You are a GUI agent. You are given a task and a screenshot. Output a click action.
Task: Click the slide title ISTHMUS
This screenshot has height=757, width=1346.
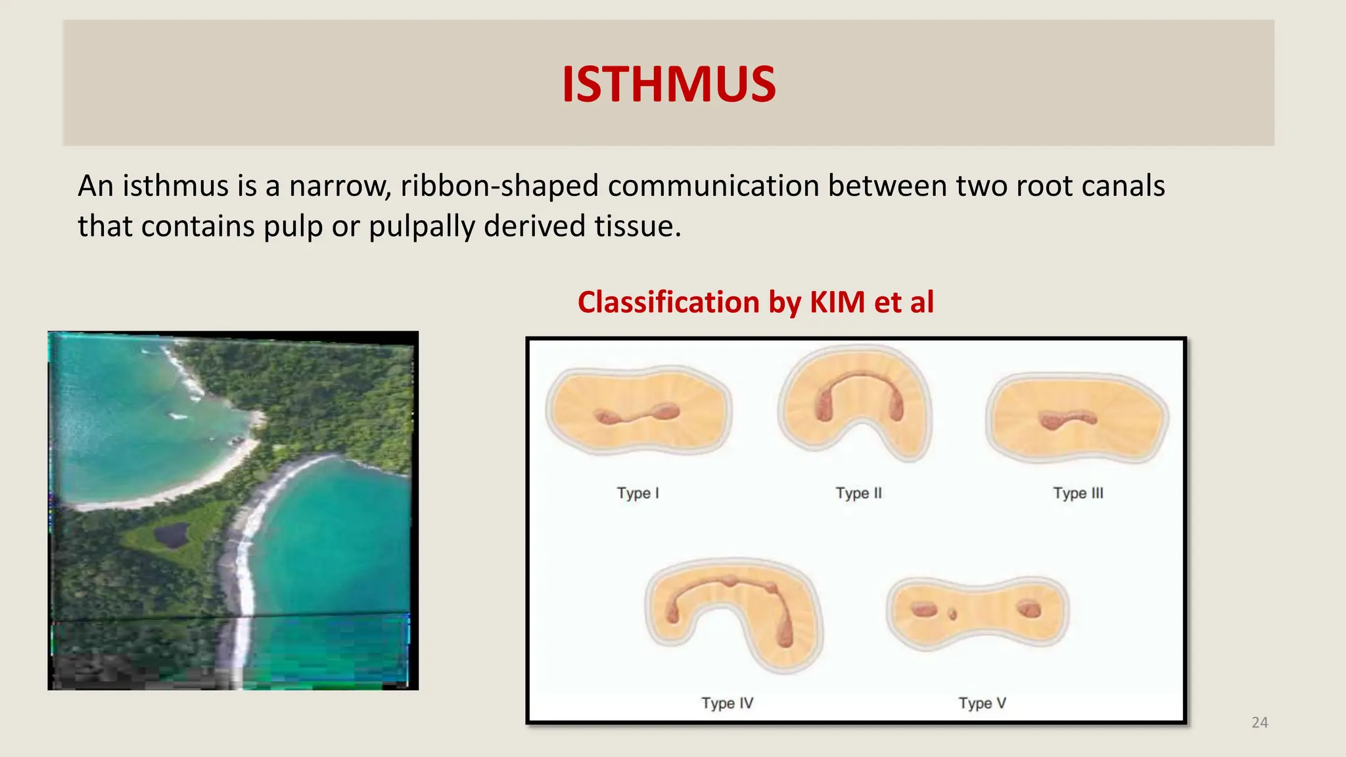668,85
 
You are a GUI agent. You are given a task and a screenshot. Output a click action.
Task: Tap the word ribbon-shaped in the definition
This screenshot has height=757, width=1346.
499,186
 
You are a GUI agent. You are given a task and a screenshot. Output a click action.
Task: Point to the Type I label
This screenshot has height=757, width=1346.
638,493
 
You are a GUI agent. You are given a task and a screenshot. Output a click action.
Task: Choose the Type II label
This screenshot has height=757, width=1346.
858,493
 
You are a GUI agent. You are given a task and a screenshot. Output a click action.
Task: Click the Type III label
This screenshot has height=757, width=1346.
1078,493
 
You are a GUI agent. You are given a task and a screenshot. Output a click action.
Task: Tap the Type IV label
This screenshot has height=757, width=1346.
727,703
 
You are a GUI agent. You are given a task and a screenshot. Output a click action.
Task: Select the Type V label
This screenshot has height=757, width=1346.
982,703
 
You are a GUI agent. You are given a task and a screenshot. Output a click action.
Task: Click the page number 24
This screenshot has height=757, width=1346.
1259,723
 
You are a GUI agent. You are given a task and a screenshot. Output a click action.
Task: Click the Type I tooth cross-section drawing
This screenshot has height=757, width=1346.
639,411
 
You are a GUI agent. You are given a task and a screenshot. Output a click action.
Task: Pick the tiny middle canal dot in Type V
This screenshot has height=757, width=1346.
952,615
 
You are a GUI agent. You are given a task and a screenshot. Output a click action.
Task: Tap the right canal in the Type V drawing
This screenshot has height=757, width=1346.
1029,609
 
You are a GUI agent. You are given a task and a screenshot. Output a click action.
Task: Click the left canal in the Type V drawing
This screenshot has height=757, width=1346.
923,610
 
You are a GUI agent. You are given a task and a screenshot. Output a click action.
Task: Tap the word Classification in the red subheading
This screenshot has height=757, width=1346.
667,302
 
